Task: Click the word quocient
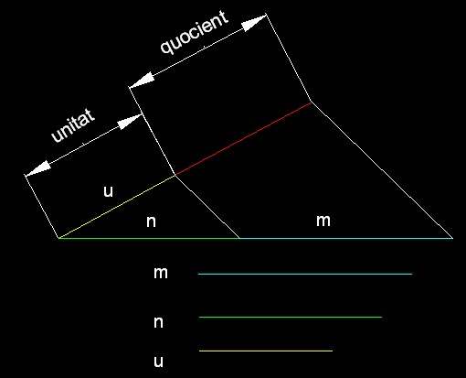tap(195, 33)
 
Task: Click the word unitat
tap(73, 125)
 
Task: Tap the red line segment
tap(243, 138)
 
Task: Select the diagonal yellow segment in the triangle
tap(117, 206)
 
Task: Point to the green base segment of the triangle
tap(149, 238)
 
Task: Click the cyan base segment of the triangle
tap(346, 238)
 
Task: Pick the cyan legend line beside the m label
tap(305, 274)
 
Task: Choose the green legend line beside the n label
tap(291, 318)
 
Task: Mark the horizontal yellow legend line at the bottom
tap(266, 351)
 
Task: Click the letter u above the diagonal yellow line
tap(108, 191)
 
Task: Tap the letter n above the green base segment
tap(151, 221)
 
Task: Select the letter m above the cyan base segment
tap(323, 221)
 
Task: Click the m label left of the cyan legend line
tap(161, 273)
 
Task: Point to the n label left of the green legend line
tap(158, 322)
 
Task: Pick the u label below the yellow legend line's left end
tap(158, 362)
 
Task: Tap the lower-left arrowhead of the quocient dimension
tap(142, 81)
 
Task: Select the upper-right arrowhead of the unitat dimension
tap(130, 122)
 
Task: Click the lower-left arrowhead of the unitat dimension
tap(37, 168)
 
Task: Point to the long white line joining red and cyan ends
tap(382, 170)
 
